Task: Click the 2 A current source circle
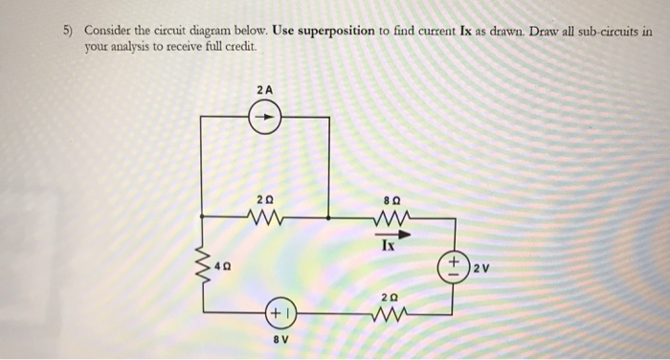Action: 265,120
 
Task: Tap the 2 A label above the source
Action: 265,89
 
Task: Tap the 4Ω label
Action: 222,262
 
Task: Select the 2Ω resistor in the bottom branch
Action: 391,311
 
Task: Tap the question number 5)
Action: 68,30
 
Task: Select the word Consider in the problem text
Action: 110,30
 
